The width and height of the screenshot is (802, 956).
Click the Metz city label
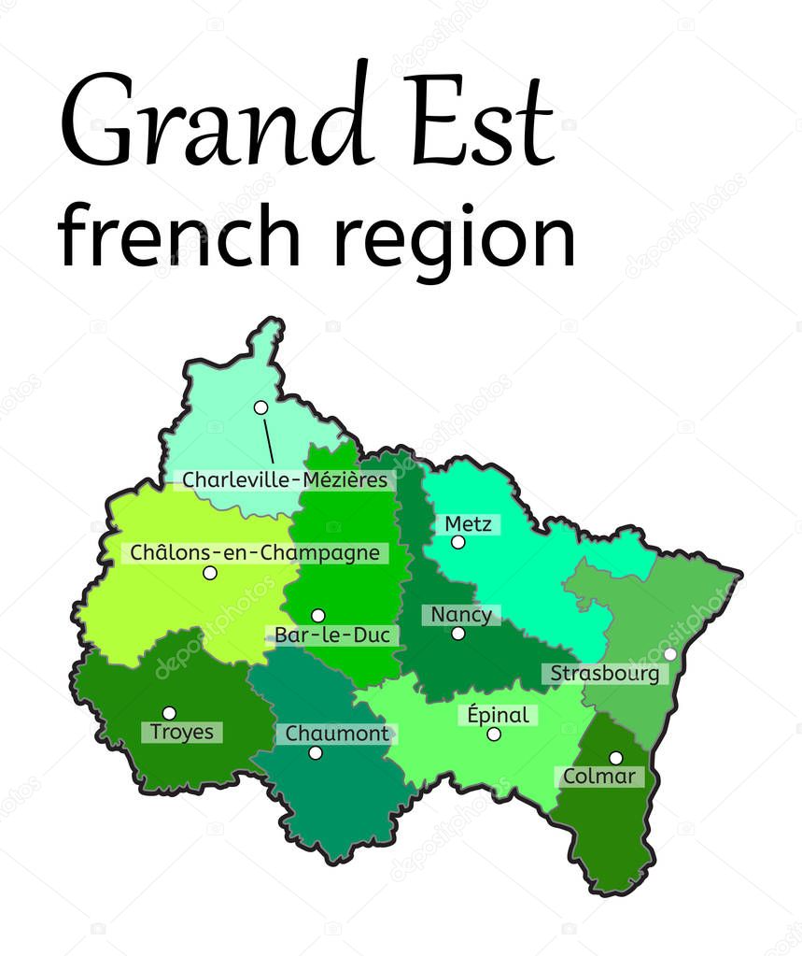(468, 524)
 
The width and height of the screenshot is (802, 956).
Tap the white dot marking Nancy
(458, 634)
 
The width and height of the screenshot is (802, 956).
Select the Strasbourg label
(604, 674)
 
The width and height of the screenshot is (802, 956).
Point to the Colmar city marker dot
(615, 758)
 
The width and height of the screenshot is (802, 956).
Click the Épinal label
(498, 716)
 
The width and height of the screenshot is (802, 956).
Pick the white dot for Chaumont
(316, 753)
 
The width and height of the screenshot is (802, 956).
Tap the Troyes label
(182, 732)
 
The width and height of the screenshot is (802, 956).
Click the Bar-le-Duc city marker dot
(317, 615)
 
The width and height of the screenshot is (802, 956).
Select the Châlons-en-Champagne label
(255, 553)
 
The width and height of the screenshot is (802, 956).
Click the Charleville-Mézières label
(285, 480)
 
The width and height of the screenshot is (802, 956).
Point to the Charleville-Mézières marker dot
(260, 407)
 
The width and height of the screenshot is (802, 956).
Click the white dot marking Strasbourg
(669, 654)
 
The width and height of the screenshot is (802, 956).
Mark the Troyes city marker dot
(169, 713)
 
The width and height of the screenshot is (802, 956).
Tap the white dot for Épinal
(494, 735)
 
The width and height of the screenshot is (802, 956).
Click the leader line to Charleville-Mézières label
(269, 441)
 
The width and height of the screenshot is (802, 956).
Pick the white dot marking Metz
(457, 542)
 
